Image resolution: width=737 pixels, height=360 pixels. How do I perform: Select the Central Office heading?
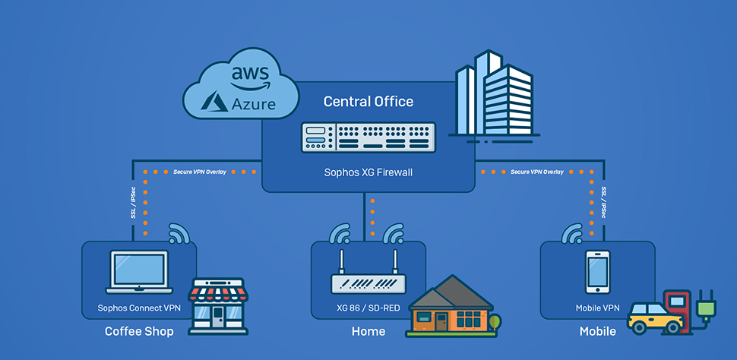pos(368,101)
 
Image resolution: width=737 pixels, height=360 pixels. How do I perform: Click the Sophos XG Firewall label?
pos(368,172)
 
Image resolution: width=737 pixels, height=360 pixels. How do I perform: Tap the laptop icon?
pos(139,273)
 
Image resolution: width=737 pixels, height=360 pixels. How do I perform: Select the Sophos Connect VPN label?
pos(139,308)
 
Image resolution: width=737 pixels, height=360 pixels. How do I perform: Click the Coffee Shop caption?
pos(139,332)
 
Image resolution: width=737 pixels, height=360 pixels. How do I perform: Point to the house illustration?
pos(450,307)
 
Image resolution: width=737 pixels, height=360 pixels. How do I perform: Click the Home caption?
pos(368,332)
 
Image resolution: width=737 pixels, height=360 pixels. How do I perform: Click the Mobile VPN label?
pos(597,308)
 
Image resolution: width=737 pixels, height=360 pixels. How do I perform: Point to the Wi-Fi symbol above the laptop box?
pos(179,233)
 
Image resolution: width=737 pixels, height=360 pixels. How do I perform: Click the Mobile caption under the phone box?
pos(597,332)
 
